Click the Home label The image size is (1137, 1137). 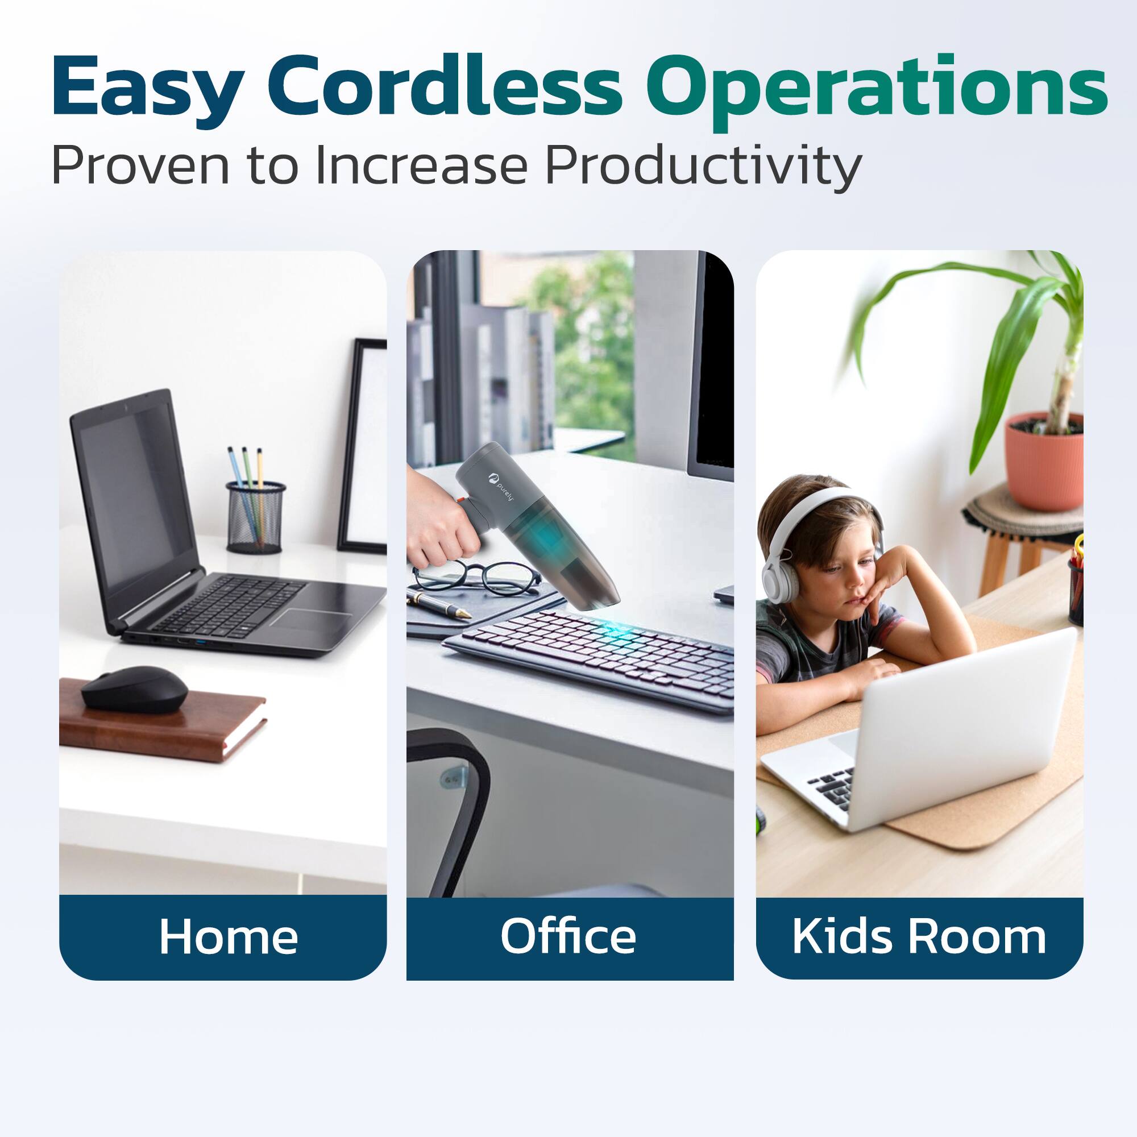[x=229, y=936]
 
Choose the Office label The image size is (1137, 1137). [x=568, y=936]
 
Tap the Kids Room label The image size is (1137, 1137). [x=919, y=936]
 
